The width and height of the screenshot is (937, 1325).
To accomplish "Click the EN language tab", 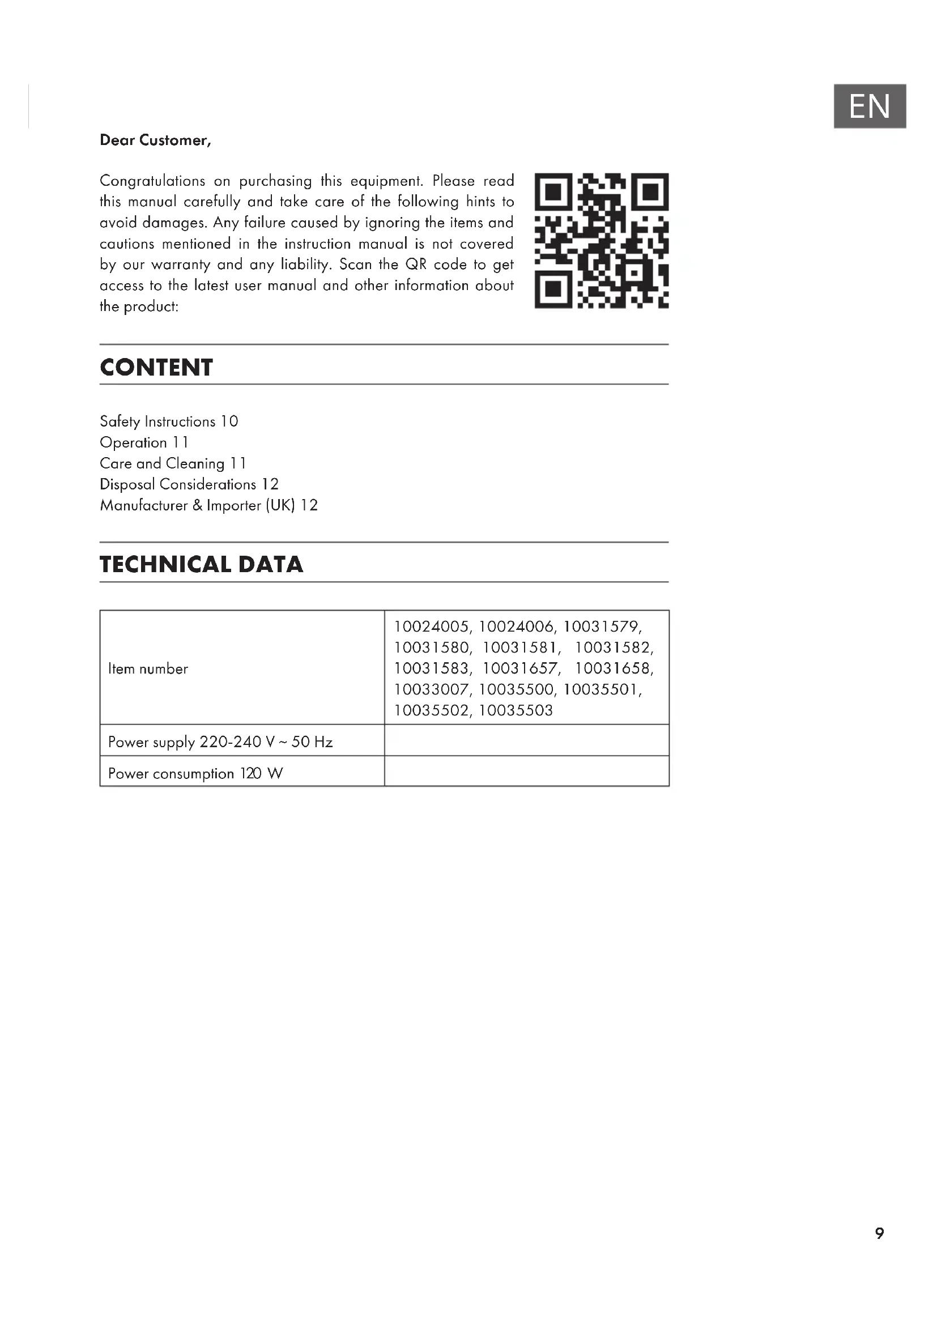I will pyautogui.click(x=869, y=106).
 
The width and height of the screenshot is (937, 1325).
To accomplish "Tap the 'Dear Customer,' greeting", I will pyautogui.click(x=155, y=140).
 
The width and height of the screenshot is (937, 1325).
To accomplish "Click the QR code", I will pyautogui.click(x=601, y=240).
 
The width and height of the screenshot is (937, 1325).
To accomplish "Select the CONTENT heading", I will pyautogui.click(x=156, y=368).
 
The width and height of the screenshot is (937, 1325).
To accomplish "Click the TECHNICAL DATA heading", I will pyautogui.click(x=201, y=564).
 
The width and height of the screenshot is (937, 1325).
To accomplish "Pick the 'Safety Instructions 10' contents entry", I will pyautogui.click(x=168, y=421).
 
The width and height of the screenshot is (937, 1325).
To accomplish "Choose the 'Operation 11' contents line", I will pyautogui.click(x=144, y=442).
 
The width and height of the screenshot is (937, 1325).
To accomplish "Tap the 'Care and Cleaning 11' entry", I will pyautogui.click(x=173, y=463).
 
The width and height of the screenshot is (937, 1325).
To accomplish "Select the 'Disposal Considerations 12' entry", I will pyautogui.click(x=189, y=484).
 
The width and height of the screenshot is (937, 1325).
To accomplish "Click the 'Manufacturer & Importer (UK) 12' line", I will pyautogui.click(x=208, y=505).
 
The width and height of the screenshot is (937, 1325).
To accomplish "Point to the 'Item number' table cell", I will pyautogui.click(x=148, y=669).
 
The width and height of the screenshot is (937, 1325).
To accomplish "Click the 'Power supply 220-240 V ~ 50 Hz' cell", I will pyautogui.click(x=220, y=742).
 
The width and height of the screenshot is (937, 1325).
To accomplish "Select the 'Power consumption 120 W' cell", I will pyautogui.click(x=195, y=773).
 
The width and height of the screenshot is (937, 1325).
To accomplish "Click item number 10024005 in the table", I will pyautogui.click(x=431, y=627).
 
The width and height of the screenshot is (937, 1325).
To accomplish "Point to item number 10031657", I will pyautogui.click(x=520, y=669).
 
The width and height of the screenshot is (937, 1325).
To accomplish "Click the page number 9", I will pyautogui.click(x=879, y=1233).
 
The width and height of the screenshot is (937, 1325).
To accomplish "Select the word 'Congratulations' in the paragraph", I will pyautogui.click(x=152, y=181).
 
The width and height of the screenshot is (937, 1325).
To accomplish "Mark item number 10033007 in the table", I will pyautogui.click(x=431, y=689).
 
